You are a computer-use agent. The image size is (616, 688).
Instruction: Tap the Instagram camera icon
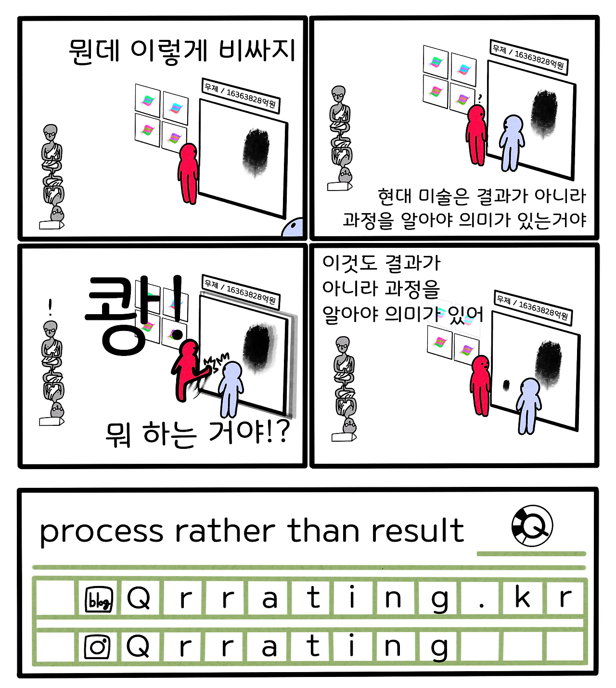[x=97, y=647]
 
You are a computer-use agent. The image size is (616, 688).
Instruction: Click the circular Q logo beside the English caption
[x=532, y=525]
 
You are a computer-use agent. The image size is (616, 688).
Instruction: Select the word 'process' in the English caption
[x=102, y=532]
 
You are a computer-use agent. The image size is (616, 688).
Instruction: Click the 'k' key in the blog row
[x=523, y=598]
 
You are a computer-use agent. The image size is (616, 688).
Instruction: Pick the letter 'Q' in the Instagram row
[x=138, y=646]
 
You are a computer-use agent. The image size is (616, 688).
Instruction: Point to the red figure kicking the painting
[x=188, y=368]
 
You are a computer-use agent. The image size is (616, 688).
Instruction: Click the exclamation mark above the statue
[x=51, y=307]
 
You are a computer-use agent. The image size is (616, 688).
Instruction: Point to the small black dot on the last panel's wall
[x=506, y=385]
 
